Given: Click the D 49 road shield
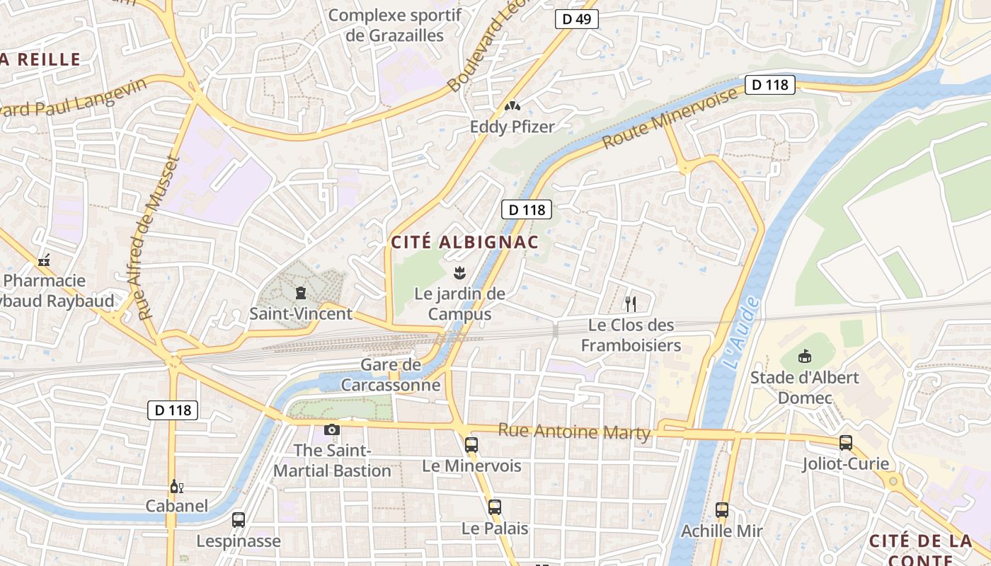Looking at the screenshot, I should (576, 19).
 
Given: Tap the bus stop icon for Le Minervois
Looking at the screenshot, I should (471, 445).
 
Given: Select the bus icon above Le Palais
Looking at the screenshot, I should (495, 507).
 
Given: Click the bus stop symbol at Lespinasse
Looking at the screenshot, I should (239, 520).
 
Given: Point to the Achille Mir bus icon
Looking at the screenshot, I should (722, 509).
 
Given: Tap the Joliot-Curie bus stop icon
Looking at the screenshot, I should (845, 443).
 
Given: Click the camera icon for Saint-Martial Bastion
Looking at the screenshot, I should (331, 429).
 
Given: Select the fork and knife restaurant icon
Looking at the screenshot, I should (631, 304).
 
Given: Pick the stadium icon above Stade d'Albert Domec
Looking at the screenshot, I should (804, 356).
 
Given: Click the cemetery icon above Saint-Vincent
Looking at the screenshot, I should (301, 292).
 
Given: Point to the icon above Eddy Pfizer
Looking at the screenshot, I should (512, 106).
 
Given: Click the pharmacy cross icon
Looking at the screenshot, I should (44, 260).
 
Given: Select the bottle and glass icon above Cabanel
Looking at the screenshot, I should (176, 486).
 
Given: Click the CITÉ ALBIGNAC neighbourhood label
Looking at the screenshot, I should (465, 242).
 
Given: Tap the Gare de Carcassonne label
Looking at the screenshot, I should (391, 375).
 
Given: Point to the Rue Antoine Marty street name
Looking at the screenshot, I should (574, 431).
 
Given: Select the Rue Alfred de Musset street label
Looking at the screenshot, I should (157, 238).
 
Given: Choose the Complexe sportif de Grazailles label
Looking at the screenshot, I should (395, 25).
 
